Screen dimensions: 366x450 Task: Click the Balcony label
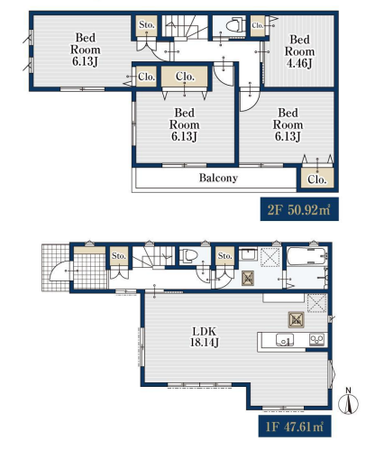click(x=218, y=178)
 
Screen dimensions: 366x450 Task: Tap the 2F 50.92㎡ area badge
click(x=299, y=209)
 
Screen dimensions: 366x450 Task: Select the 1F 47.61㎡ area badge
click(x=295, y=427)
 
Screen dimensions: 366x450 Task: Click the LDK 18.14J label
click(x=204, y=336)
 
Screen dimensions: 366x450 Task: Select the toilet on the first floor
click(x=188, y=256)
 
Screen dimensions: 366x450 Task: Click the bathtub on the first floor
click(x=307, y=256)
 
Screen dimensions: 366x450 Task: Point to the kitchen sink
click(x=285, y=340)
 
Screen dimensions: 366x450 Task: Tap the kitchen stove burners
click(x=316, y=340)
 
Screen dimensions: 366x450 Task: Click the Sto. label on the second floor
click(x=147, y=25)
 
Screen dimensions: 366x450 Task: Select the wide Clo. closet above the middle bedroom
click(x=185, y=77)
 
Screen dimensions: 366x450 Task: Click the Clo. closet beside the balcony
click(x=317, y=179)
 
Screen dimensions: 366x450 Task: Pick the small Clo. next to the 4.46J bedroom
click(x=258, y=25)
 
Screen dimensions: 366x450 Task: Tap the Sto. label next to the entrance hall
click(x=118, y=256)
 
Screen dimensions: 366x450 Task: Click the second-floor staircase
click(x=185, y=26)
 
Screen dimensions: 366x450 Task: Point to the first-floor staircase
click(x=153, y=257)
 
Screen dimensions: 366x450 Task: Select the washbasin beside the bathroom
click(x=248, y=254)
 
